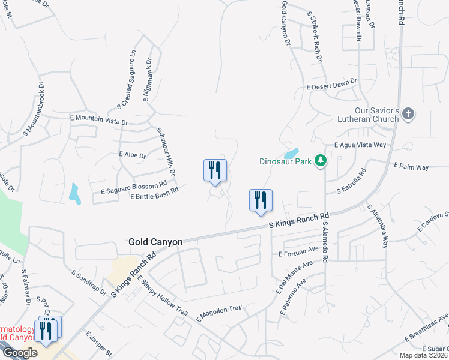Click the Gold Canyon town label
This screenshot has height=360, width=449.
pyautogui.click(x=155, y=242)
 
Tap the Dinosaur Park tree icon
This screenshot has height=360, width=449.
pyautogui.click(x=321, y=161)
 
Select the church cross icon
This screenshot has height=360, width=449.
pyautogui.click(x=408, y=114)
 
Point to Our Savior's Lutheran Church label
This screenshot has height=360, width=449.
pyautogui.click(x=376, y=115)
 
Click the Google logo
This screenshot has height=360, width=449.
pyautogui.click(x=20, y=353)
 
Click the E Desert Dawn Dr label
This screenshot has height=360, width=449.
pyautogui.click(x=331, y=85)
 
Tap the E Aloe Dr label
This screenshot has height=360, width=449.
pyautogui.click(x=133, y=155)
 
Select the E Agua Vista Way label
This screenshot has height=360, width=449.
pyautogui.click(x=360, y=145)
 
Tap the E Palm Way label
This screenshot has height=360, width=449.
pyautogui.click(x=411, y=166)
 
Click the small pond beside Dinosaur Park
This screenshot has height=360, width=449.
pyautogui.click(x=291, y=153)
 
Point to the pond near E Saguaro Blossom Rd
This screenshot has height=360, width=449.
pyautogui.click(x=74, y=194)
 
